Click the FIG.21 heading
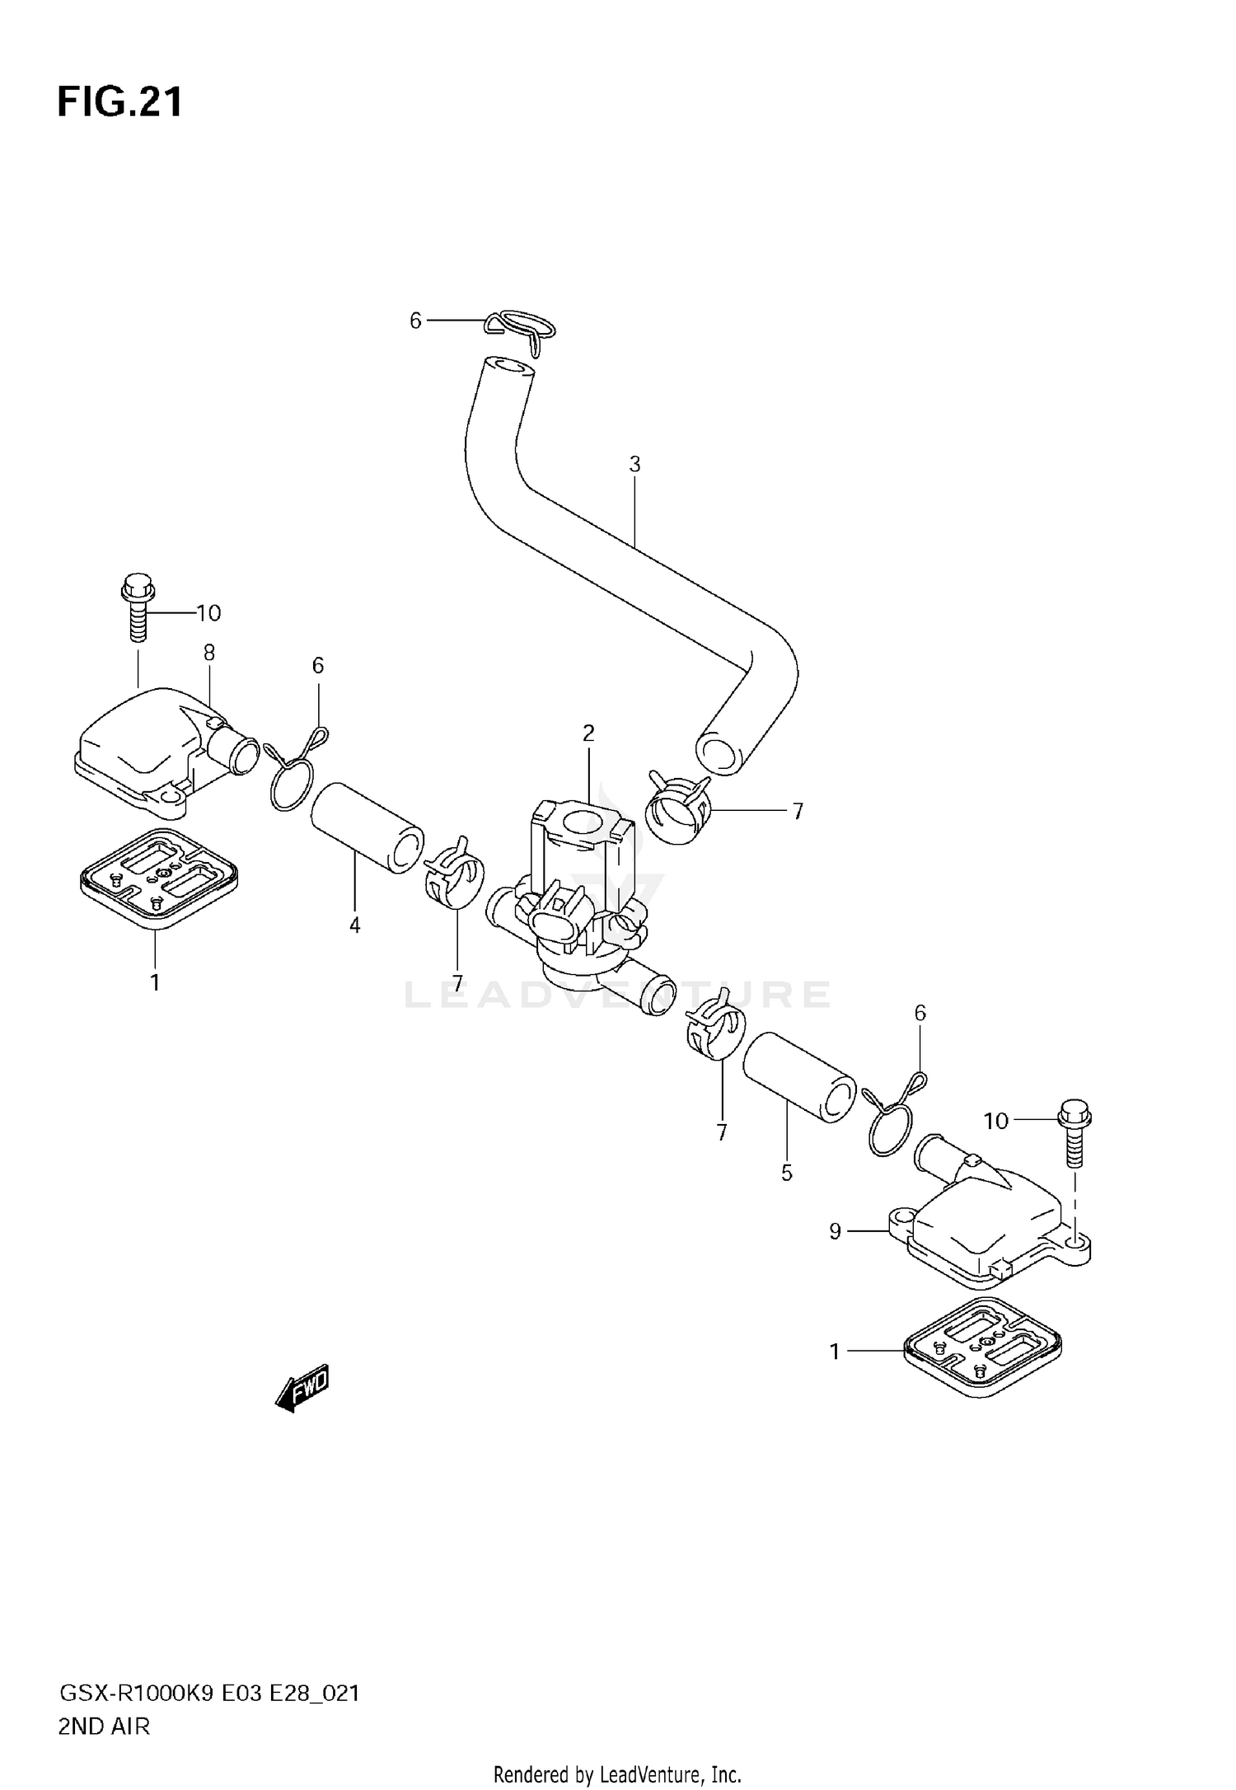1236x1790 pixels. pyautogui.click(x=120, y=103)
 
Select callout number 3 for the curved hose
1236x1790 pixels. pyautogui.click(x=634, y=465)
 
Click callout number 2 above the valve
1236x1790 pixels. pyautogui.click(x=588, y=733)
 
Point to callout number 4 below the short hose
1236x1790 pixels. pyautogui.click(x=355, y=925)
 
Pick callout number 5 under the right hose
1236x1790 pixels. pyautogui.click(x=786, y=1172)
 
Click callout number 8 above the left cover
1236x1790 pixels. pyautogui.click(x=209, y=653)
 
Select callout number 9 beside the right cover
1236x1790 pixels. pyautogui.click(x=836, y=1231)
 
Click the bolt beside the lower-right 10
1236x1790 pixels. pyautogui.click(x=1073, y=1132)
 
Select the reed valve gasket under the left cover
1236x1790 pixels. pyautogui.click(x=158, y=879)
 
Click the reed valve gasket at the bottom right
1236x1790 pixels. pyautogui.click(x=982, y=1349)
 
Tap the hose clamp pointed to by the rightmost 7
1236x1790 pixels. pyautogui.click(x=678, y=808)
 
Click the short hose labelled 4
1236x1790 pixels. pyautogui.click(x=367, y=827)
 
